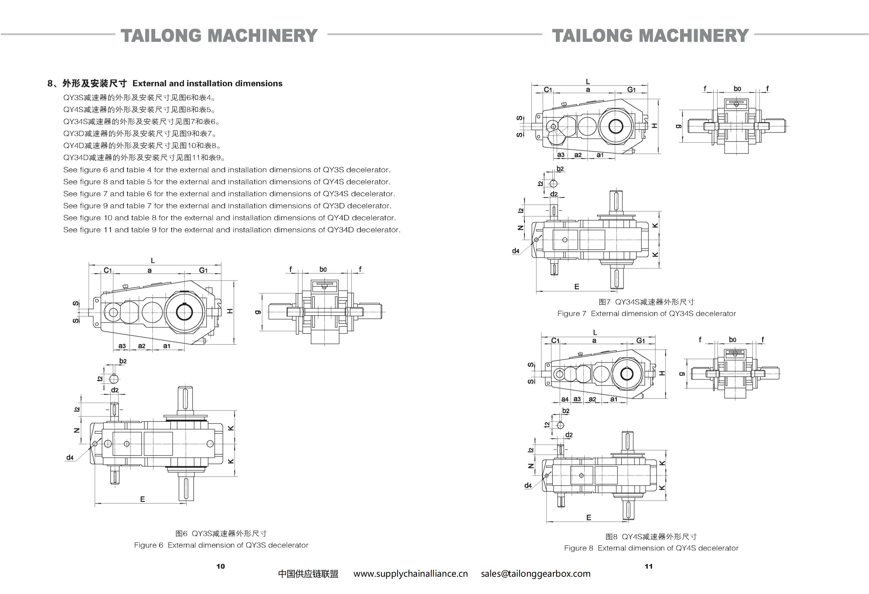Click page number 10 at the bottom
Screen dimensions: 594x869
click(x=220, y=566)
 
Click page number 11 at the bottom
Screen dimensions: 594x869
click(x=649, y=566)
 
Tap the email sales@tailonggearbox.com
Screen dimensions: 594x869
click(x=535, y=574)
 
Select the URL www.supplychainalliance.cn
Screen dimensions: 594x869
click(x=410, y=574)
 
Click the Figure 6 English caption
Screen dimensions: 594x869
click(x=221, y=545)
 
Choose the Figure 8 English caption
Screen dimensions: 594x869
click(x=651, y=548)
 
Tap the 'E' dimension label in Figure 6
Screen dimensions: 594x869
click(x=142, y=499)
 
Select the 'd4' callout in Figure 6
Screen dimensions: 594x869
click(x=70, y=457)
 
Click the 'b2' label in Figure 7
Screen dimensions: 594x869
click(x=560, y=169)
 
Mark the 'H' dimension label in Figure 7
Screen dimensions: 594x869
click(x=654, y=126)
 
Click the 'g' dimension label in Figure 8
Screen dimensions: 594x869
click(x=681, y=374)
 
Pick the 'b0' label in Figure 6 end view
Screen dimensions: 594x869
click(x=323, y=269)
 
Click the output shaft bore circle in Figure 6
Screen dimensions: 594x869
click(x=184, y=312)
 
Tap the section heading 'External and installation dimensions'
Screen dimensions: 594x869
click(x=207, y=83)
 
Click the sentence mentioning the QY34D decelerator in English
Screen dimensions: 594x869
click(x=232, y=230)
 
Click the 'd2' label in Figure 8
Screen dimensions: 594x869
click(x=569, y=435)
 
